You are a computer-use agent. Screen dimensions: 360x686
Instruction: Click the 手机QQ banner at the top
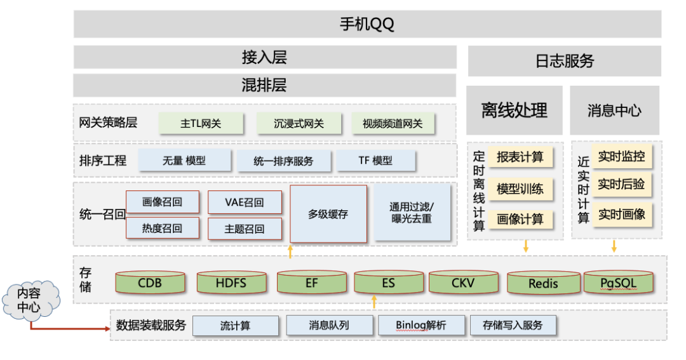[x=367, y=24]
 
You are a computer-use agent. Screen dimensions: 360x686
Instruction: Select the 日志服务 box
[x=564, y=61]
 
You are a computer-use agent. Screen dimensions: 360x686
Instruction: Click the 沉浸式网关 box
[x=299, y=124]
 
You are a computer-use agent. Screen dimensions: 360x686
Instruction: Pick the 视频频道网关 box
[x=393, y=124]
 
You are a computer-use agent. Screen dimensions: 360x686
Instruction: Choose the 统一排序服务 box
[x=283, y=161]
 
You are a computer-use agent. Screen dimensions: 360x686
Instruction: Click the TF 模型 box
[x=375, y=161]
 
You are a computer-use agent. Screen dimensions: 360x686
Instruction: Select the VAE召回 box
[x=245, y=203]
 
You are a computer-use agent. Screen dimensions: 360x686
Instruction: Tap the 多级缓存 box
[x=328, y=214]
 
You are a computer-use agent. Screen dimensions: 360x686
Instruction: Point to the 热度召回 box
[x=162, y=229]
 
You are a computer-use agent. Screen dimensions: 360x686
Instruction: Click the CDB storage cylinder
[x=150, y=283]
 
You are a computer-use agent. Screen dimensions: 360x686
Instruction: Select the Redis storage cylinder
[x=543, y=283]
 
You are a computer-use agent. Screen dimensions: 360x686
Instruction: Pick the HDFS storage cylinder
[x=231, y=283]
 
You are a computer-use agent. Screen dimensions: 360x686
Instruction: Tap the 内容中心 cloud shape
[x=30, y=302]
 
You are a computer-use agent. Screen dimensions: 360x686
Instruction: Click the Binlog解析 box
[x=420, y=326]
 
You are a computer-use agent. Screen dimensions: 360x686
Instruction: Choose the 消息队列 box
[x=328, y=326]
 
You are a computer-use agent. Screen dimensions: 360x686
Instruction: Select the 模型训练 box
[x=520, y=189]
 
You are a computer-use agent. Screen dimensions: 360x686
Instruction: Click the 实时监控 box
[x=621, y=156]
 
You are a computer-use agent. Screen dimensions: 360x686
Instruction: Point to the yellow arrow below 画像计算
[x=525, y=246]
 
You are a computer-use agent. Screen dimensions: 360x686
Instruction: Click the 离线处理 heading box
[x=514, y=110]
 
